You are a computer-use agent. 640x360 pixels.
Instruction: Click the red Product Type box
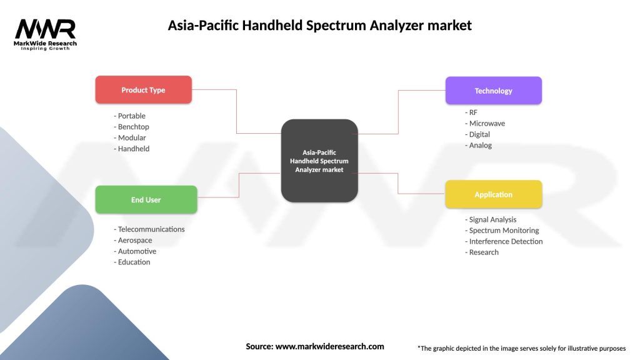pyautogui.click(x=143, y=90)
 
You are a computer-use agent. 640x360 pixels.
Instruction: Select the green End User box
pyautogui.click(x=146, y=200)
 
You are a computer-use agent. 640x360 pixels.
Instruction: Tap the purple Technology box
pyautogui.click(x=493, y=91)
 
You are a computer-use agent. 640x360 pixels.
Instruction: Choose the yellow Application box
pyautogui.click(x=493, y=194)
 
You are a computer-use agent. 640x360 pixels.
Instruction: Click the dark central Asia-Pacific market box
pyautogui.click(x=319, y=161)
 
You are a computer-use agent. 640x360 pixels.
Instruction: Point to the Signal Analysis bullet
pyautogui.click(x=491, y=220)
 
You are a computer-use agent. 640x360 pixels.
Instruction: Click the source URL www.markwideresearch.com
pyautogui.click(x=329, y=346)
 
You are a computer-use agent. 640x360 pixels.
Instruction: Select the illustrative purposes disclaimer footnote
pyautogui.click(x=521, y=348)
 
